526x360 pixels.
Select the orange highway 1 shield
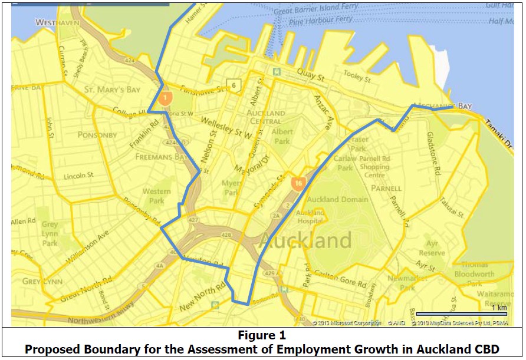click(x=166, y=98)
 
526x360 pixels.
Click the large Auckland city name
click(x=305, y=240)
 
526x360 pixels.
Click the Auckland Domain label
click(x=338, y=200)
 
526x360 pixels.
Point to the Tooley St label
click(x=357, y=77)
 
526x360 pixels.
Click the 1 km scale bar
click(x=462, y=313)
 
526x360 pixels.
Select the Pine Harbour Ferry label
click(x=321, y=21)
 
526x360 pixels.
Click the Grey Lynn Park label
click(x=50, y=233)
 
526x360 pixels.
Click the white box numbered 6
click(x=234, y=85)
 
